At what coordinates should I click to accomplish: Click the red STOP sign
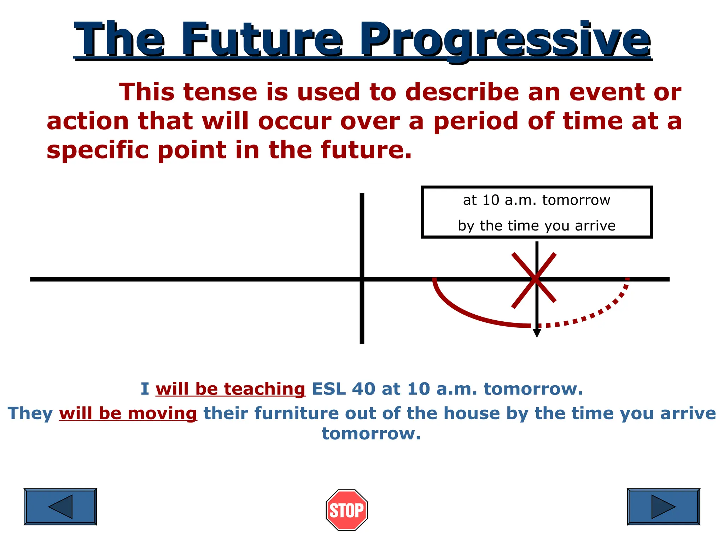pyautogui.click(x=347, y=510)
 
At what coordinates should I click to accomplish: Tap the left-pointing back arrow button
pyautogui.click(x=60, y=507)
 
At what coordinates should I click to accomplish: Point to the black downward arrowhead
pyautogui.click(x=537, y=333)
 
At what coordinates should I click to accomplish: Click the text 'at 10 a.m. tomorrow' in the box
pyautogui.click(x=536, y=200)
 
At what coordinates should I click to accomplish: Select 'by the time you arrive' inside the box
pyautogui.click(x=536, y=226)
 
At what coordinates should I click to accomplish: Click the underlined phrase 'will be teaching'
pyautogui.click(x=230, y=389)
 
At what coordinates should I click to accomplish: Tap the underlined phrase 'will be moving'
pyautogui.click(x=128, y=413)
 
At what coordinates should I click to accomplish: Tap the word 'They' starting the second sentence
pyautogui.click(x=30, y=413)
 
